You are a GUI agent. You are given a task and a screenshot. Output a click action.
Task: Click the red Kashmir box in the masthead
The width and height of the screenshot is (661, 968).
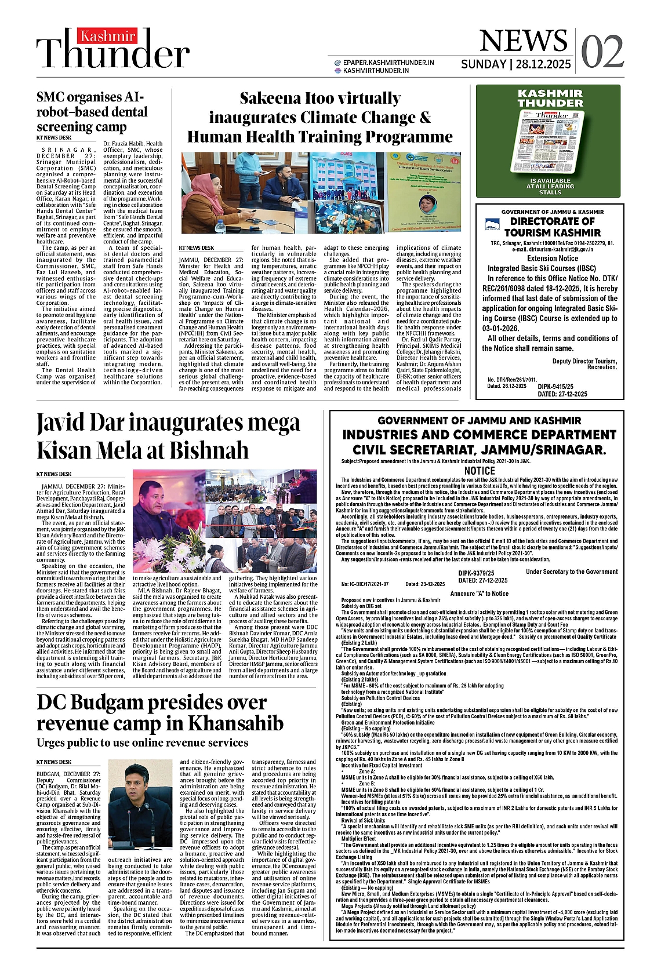[x=107, y=37]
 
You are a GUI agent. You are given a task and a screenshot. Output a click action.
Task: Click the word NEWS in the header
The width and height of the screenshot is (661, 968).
[x=523, y=41]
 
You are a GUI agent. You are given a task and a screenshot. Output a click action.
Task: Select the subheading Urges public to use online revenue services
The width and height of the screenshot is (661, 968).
[x=142, y=743]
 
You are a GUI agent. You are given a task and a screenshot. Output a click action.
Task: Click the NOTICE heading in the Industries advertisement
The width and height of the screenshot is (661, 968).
[x=480, y=471]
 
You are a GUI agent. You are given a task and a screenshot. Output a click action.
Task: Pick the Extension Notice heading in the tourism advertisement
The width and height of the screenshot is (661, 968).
[x=552, y=258]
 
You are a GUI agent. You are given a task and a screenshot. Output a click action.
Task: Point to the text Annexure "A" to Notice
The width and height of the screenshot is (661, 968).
[x=479, y=593]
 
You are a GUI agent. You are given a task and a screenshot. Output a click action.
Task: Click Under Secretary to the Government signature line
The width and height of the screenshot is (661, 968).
[x=571, y=572]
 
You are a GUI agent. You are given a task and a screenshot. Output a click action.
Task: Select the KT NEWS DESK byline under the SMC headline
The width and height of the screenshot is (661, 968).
[x=54, y=138]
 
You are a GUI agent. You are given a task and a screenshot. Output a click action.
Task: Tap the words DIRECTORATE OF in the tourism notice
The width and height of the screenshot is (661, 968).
[x=552, y=221]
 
